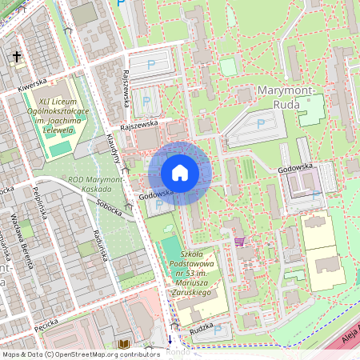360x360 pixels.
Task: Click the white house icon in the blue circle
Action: pos(180,173)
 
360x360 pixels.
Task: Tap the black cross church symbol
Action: pos(17,57)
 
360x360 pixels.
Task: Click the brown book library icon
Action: pos(123,344)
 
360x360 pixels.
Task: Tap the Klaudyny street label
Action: pos(115,148)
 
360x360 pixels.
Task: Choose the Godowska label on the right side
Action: pos(318,168)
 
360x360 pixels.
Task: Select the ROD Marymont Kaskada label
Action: pos(95,186)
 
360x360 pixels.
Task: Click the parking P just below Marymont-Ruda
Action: pos(261,124)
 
